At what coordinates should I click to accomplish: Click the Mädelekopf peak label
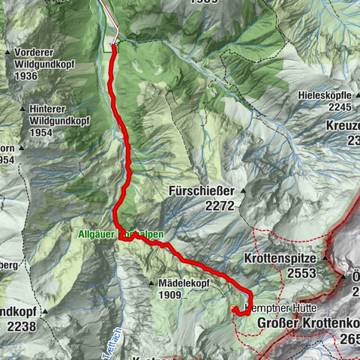[181, 283]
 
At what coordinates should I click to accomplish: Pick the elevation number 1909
[170, 295]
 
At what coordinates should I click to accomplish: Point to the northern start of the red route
[113, 47]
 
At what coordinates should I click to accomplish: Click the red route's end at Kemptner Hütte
[233, 309]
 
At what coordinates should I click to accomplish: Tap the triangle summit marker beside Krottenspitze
[326, 256]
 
